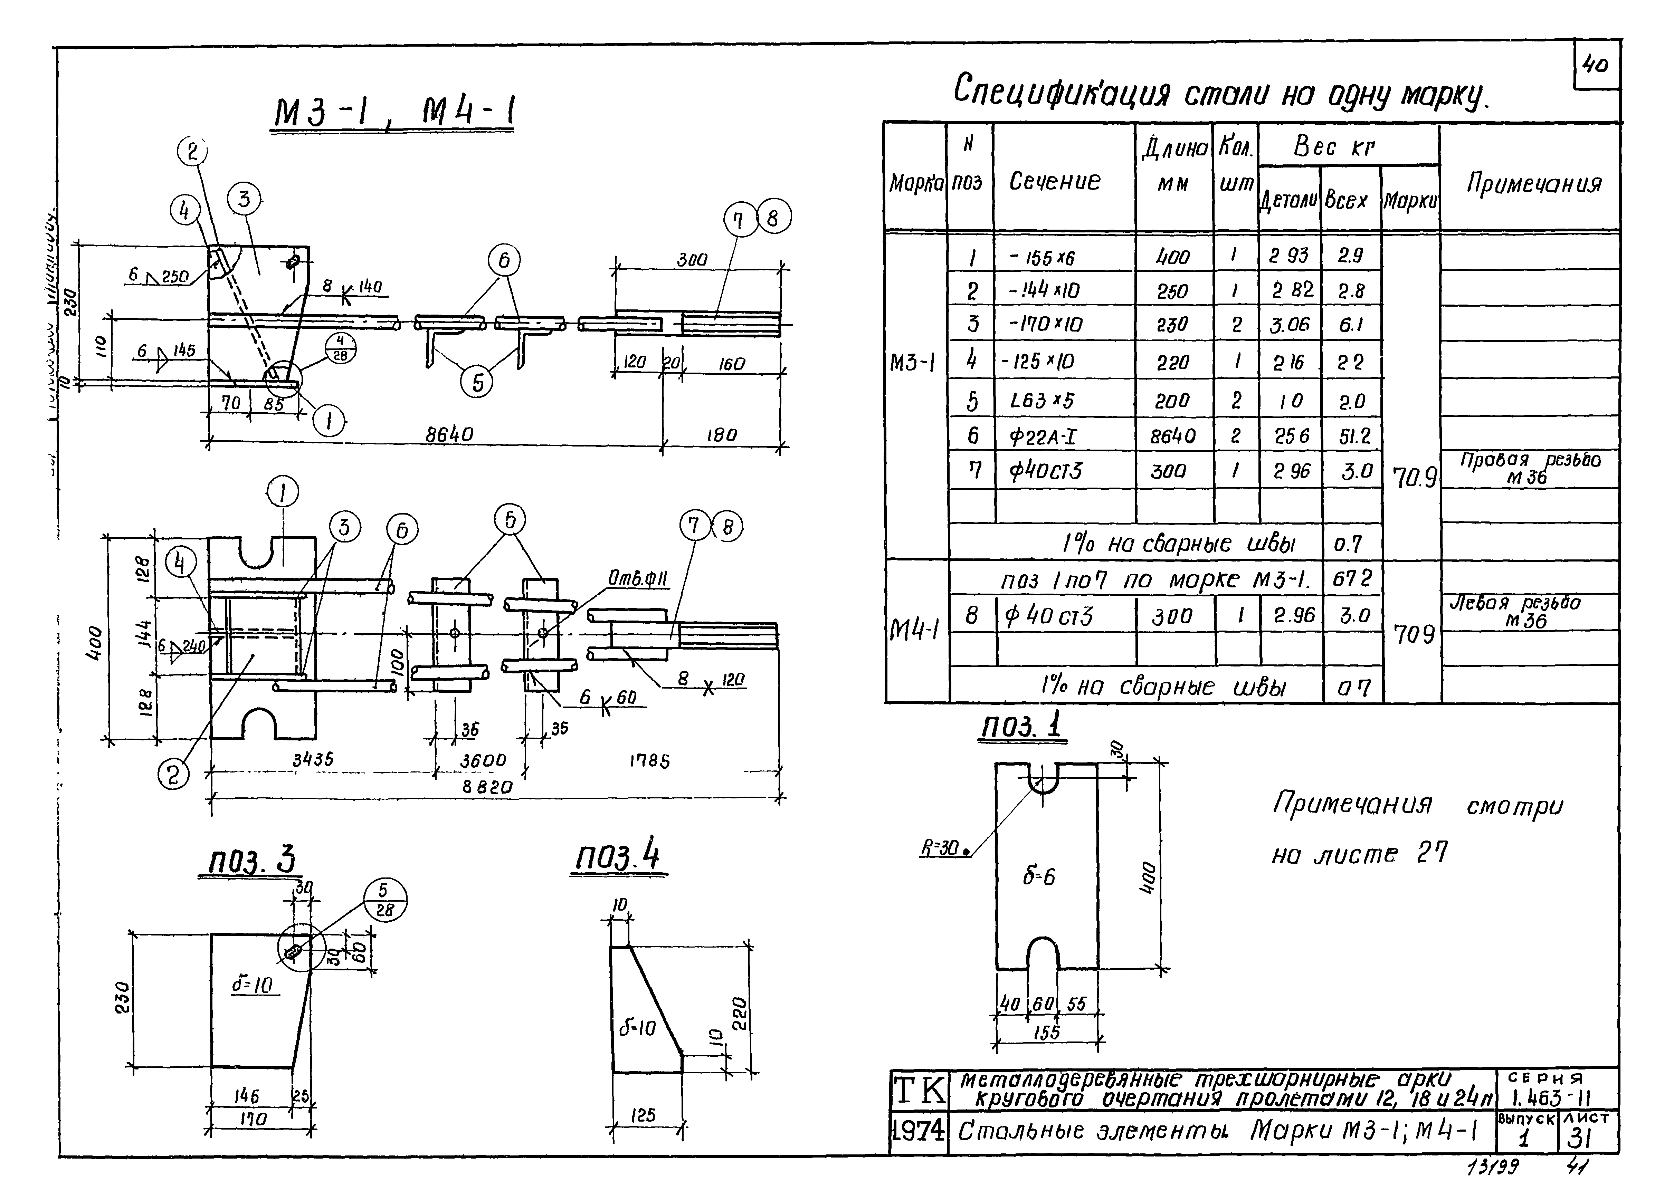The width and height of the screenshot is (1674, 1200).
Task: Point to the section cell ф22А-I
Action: pyautogui.click(x=1042, y=437)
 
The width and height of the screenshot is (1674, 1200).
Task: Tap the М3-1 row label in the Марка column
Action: pyautogui.click(x=914, y=362)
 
